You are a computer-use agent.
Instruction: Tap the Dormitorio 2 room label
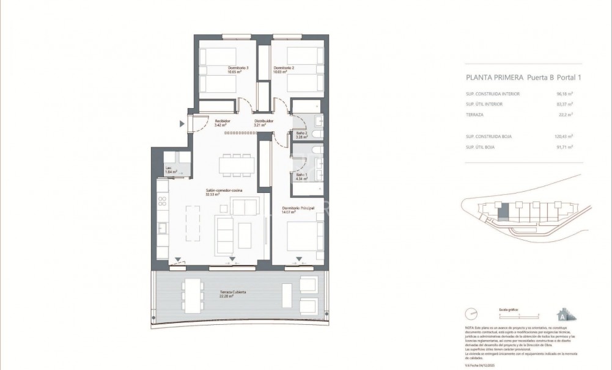[284, 67]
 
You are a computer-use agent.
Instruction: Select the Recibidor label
[222, 121]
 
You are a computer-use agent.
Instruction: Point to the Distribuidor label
[264, 121]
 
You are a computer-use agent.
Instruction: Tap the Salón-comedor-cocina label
[223, 191]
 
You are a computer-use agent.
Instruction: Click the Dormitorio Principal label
[298, 209]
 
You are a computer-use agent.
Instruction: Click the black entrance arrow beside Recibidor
[182, 124]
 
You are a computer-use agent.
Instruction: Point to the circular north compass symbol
[471, 313]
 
